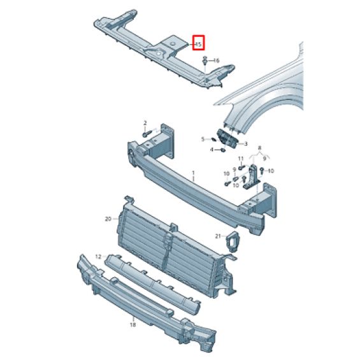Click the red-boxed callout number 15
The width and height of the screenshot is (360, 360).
[198, 44]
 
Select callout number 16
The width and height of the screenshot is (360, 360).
[216, 61]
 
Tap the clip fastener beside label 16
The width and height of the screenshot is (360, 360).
[205, 61]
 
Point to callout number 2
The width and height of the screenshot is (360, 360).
[145, 123]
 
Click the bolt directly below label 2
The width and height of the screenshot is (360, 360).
[147, 134]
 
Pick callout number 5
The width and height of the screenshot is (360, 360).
[203, 139]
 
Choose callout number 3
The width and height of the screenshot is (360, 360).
[246, 144]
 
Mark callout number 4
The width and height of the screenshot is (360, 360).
[212, 150]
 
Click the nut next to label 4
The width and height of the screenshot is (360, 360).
[222, 150]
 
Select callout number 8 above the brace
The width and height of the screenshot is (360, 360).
[260, 148]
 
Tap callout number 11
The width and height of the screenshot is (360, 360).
[241, 159]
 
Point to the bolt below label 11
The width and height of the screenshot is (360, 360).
[241, 168]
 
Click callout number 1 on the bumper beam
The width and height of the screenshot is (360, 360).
[193, 173]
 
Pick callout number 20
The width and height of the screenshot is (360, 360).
[108, 219]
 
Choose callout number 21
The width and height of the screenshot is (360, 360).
[218, 236]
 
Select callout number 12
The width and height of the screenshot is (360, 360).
[98, 256]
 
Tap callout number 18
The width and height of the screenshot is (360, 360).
[133, 325]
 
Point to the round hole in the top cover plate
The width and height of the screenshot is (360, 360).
[173, 44]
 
